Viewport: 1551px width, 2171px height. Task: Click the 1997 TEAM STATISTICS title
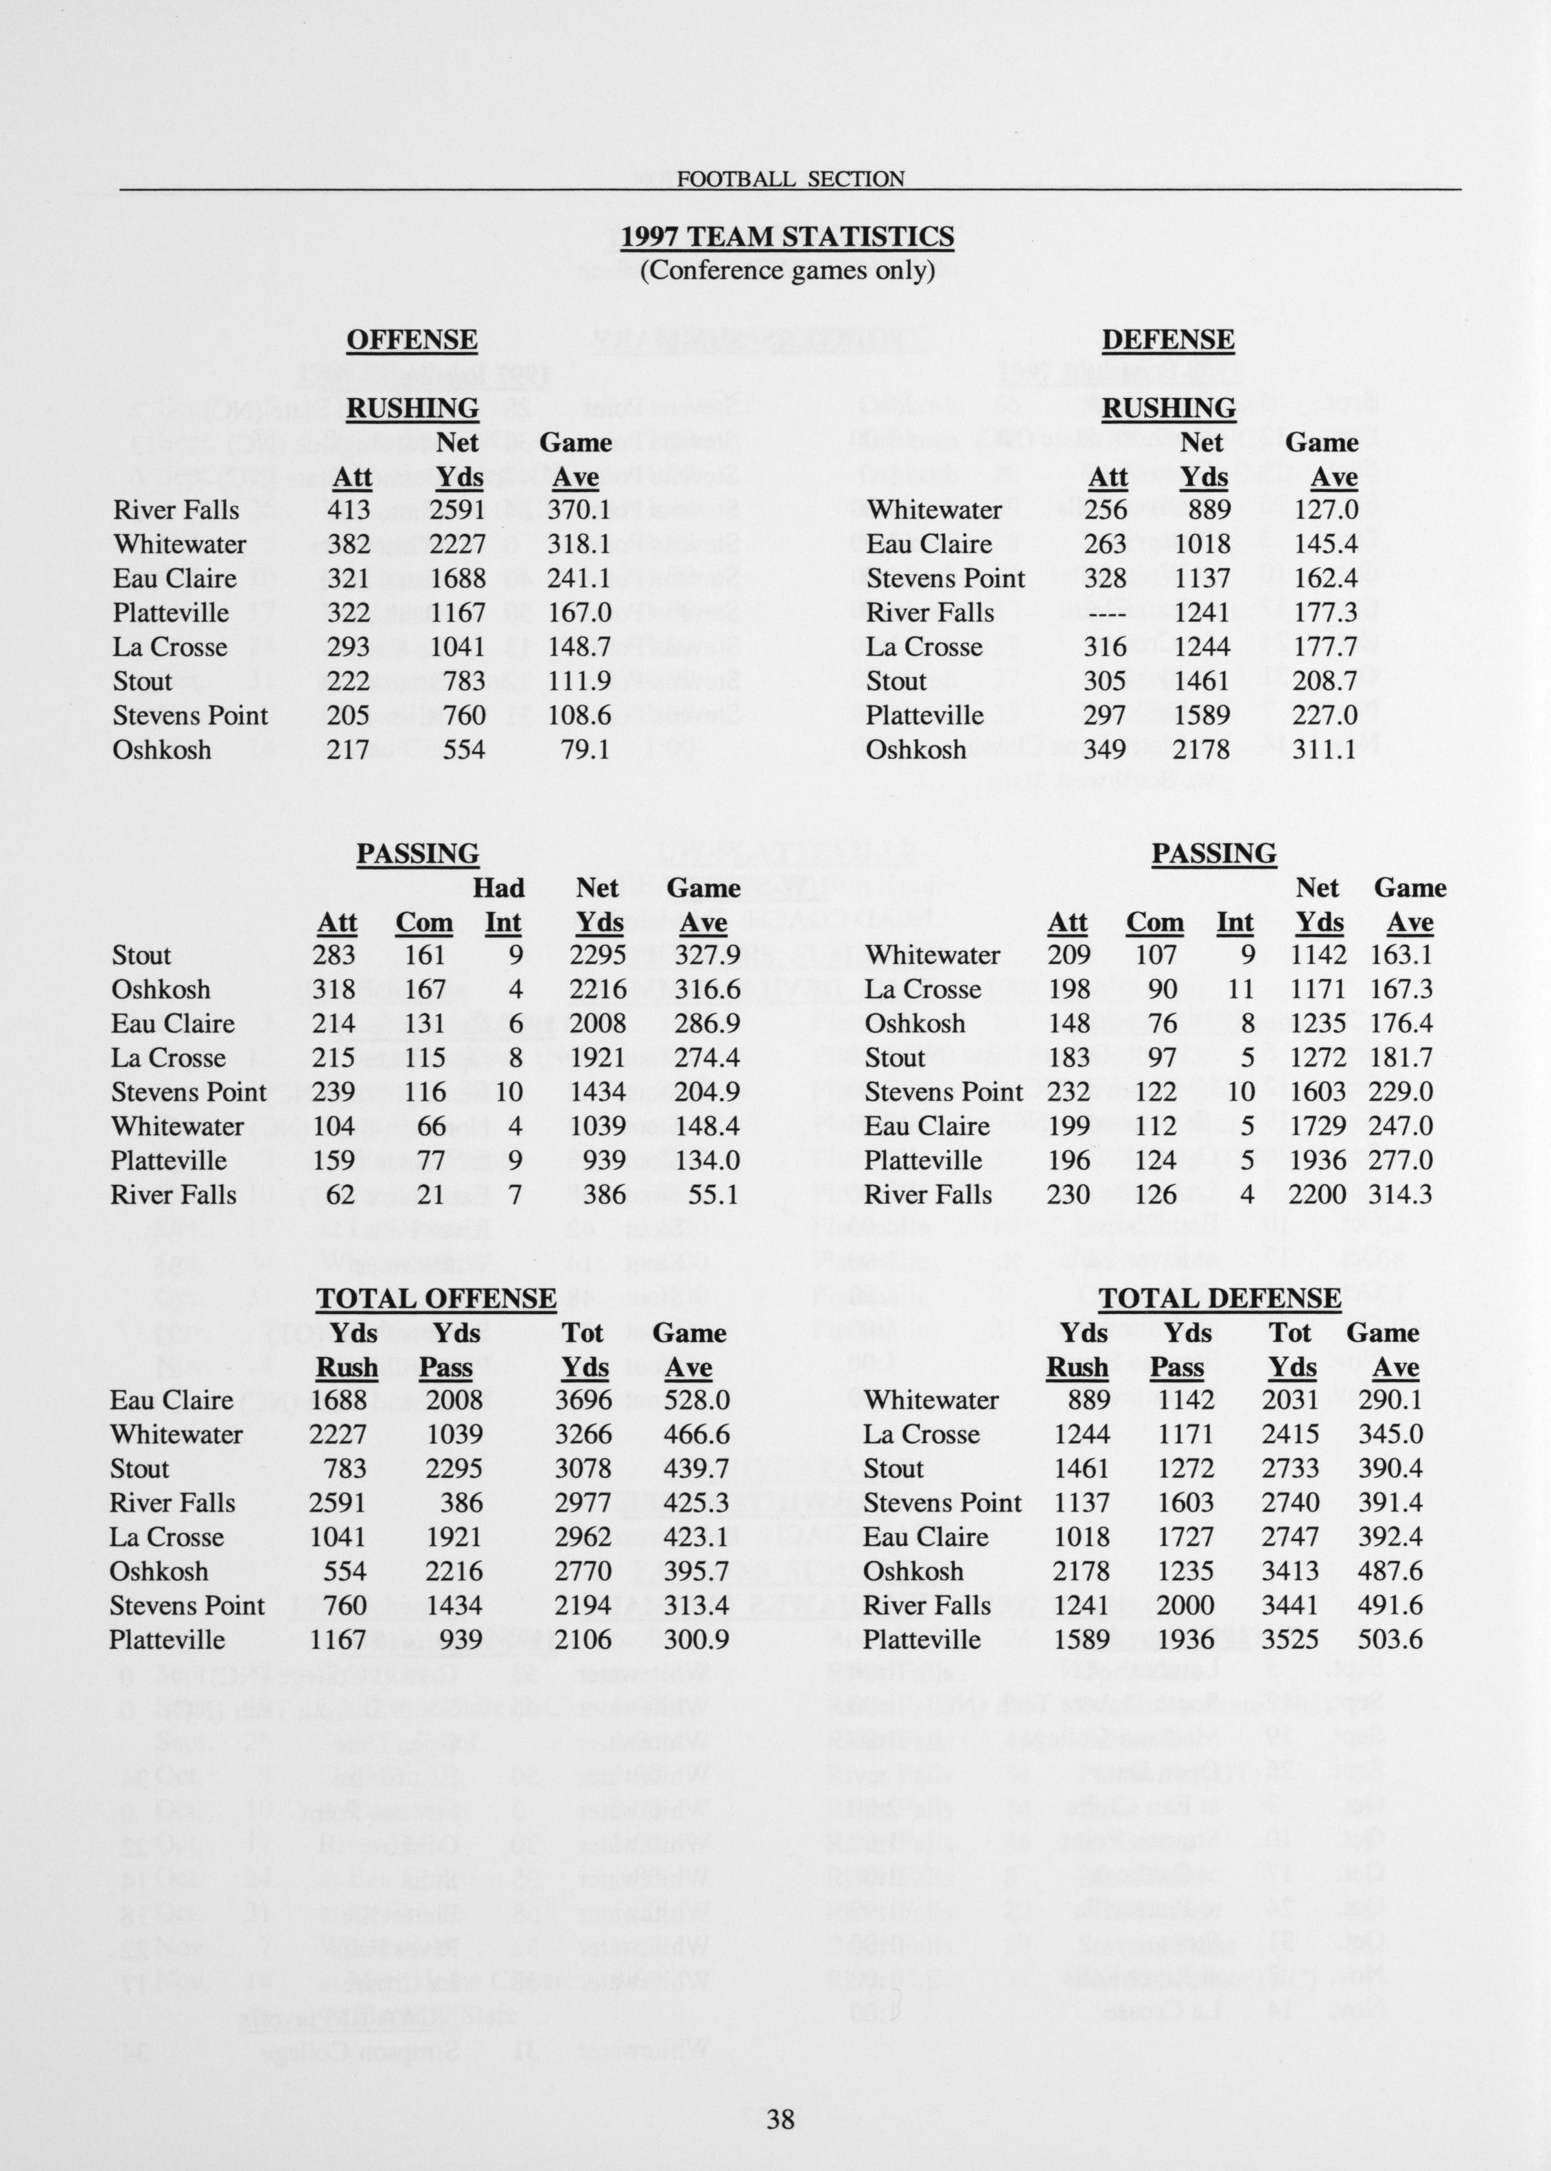(x=787, y=237)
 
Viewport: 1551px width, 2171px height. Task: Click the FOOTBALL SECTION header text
(x=790, y=178)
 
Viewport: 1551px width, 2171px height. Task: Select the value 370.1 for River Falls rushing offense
(x=578, y=510)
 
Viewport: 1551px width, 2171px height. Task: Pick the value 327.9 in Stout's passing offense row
(x=708, y=956)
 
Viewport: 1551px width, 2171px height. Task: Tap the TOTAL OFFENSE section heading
(x=436, y=1298)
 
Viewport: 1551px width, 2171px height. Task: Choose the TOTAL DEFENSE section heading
(x=1220, y=1298)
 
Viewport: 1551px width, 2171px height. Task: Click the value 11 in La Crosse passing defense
(x=1239, y=990)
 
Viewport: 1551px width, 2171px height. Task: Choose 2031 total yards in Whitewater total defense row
(x=1290, y=1400)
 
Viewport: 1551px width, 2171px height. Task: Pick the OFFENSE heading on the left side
(x=412, y=340)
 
